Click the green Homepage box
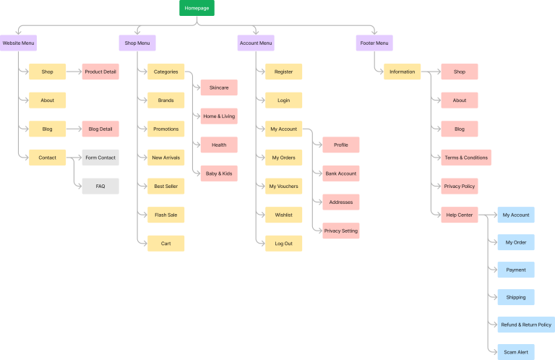[197, 8]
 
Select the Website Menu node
[18, 43]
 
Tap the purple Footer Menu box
[374, 43]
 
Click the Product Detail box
[100, 72]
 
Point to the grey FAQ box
[100, 187]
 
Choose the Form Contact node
[100, 158]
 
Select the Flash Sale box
[165, 215]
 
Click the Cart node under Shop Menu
[165, 244]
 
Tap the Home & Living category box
[218, 116]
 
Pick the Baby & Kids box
[218, 173]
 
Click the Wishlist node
[283, 215]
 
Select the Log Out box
[283, 244]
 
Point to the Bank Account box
[340, 173]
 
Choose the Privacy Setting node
[340, 231]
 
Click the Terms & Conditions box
[466, 158]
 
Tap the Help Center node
[460, 215]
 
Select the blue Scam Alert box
[516, 352]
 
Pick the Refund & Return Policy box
[526, 325]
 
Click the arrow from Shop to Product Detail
[73, 72]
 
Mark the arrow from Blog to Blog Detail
[73, 129]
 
